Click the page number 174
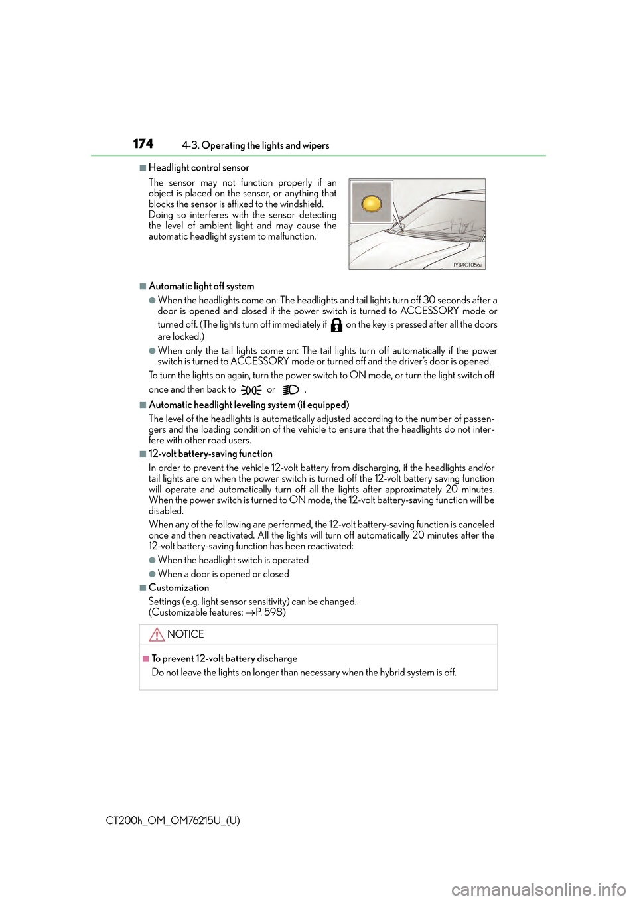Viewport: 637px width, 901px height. click(143, 144)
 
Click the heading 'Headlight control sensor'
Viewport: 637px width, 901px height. click(198, 168)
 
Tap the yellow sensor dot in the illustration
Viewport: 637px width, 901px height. click(372, 203)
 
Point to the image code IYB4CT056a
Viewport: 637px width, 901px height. click(467, 265)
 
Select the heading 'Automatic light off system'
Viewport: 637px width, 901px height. click(201, 287)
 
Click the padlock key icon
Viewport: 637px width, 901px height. click(336, 325)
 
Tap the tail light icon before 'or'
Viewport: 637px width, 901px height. click(251, 390)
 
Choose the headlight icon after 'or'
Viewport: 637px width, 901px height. click(291, 390)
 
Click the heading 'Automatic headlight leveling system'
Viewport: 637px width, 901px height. click(248, 405)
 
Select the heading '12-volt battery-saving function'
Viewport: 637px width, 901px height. click(210, 454)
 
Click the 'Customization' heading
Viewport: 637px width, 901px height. click(178, 588)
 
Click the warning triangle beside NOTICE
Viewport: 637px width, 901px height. click(157, 634)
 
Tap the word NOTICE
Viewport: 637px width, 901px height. click(186, 634)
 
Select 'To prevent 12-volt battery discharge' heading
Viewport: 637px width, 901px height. click(224, 659)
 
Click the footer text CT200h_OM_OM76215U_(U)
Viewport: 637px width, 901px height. click(173, 821)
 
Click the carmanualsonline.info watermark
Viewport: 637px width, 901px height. click(538, 889)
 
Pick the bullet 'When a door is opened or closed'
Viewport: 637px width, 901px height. click(223, 574)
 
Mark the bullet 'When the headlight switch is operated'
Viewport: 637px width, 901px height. click(233, 560)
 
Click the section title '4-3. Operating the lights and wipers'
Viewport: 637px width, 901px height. click(255, 145)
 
